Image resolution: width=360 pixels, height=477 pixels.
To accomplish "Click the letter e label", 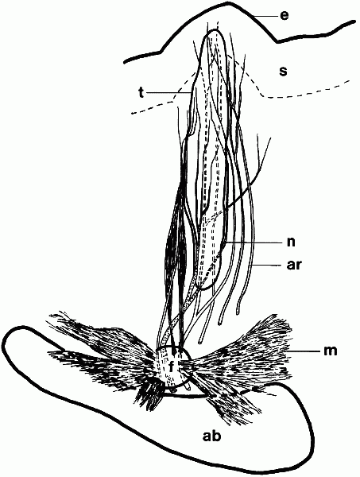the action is tap(285, 16).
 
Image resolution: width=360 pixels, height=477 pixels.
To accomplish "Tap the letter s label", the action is tap(283, 72).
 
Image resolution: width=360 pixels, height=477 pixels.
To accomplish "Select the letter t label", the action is tap(141, 93).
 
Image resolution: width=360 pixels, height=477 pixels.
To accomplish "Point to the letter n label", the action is tap(291, 242).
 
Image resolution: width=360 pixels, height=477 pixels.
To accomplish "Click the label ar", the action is tap(293, 265).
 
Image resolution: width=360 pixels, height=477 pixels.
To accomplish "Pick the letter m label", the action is tap(331, 351).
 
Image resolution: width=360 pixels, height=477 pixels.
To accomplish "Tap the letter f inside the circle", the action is tap(171, 366).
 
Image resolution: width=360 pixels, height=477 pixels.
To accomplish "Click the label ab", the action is tap(212, 436).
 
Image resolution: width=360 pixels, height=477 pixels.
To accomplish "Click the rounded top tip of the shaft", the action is tap(215, 29).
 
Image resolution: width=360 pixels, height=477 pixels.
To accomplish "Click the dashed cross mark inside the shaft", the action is tap(213, 218).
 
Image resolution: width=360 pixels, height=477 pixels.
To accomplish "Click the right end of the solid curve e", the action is tap(354, 21).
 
